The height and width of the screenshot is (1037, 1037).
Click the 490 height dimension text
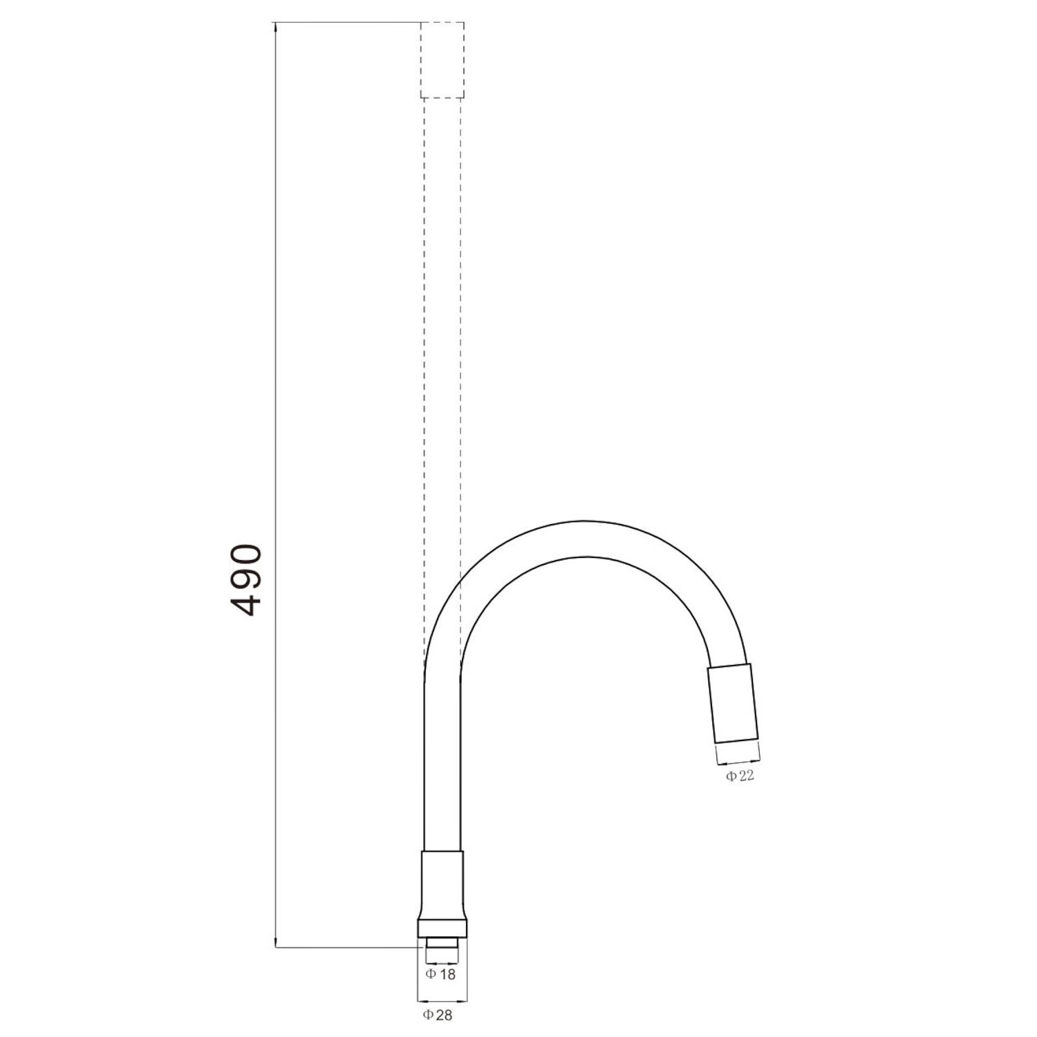pyautogui.click(x=245, y=580)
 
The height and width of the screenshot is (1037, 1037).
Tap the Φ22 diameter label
pyautogui.click(x=740, y=776)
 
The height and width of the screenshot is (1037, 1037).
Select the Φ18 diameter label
pyautogui.click(x=440, y=974)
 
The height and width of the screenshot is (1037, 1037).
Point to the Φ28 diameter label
pyautogui.click(x=438, y=1015)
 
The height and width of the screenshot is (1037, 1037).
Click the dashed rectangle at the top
pyautogui.click(x=442, y=60)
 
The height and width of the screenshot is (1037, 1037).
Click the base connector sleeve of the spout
pyautogui.click(x=442, y=885)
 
